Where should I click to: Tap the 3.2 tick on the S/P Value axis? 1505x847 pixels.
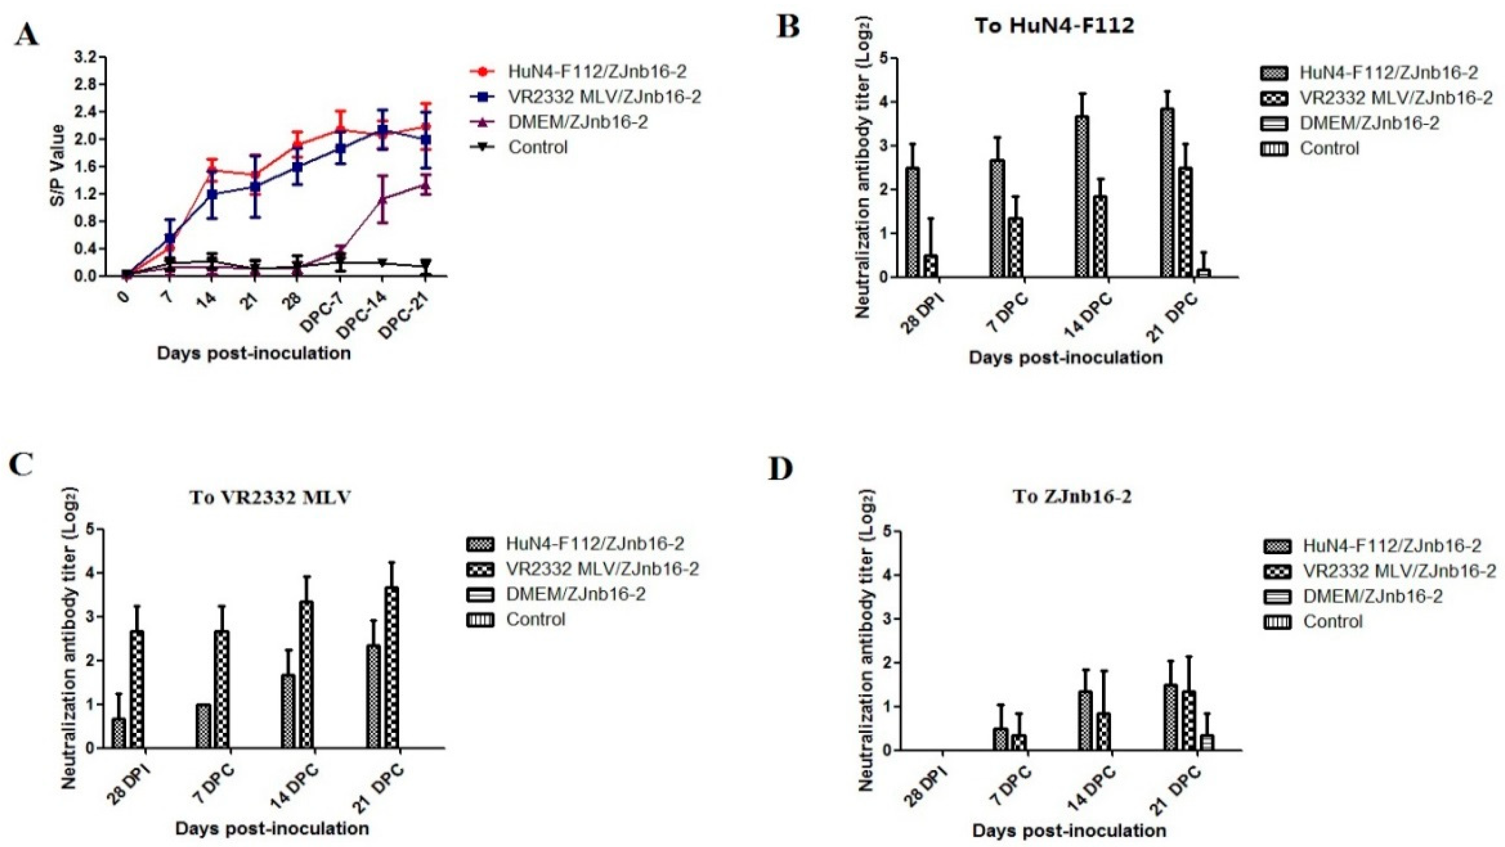[86, 57]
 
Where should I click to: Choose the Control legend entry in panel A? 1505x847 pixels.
[537, 147]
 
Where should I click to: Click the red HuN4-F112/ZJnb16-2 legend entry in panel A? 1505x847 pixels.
[596, 72]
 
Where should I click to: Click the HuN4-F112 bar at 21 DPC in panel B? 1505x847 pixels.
[1166, 193]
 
